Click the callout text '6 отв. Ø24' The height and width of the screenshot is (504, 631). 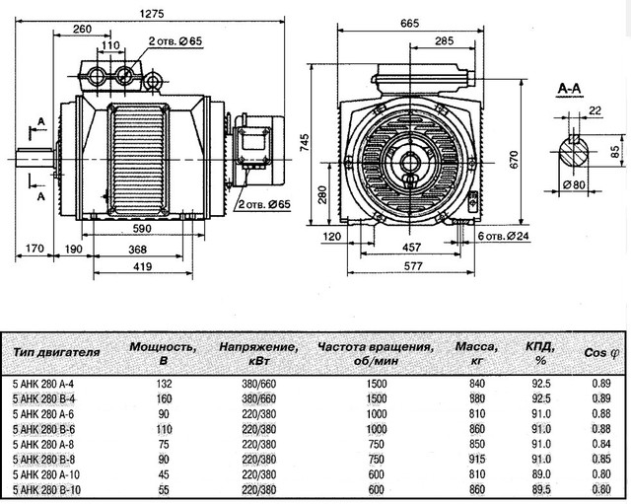click(509, 238)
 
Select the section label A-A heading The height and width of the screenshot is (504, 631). click(568, 90)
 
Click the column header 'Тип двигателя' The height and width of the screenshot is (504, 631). click(57, 350)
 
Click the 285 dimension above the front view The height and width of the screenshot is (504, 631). click(444, 41)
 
